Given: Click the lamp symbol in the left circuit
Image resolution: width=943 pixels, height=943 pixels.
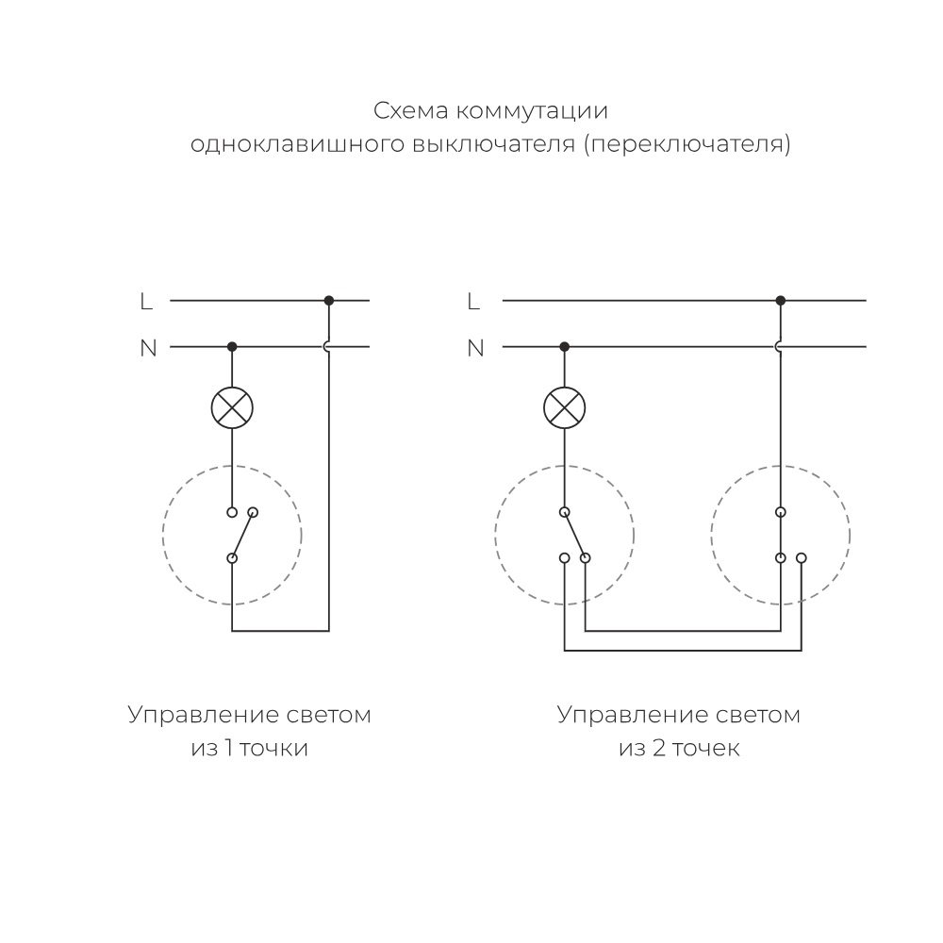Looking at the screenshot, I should (x=232, y=407).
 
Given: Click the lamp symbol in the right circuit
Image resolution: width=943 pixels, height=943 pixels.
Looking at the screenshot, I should (x=564, y=407).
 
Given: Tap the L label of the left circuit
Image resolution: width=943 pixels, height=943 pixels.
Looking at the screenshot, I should (x=146, y=302).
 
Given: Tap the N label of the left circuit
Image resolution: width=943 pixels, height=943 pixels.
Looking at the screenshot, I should (x=148, y=348).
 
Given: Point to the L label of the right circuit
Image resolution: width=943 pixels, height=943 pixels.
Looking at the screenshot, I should (x=474, y=302).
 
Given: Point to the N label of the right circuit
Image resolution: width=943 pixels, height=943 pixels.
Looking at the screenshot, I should (x=476, y=348).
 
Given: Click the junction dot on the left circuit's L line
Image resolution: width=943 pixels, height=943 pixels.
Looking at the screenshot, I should (x=328, y=301).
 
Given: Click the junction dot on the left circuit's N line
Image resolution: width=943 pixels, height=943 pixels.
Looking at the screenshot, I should (x=232, y=347).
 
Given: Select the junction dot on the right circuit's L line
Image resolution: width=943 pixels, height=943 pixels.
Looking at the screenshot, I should (x=780, y=301).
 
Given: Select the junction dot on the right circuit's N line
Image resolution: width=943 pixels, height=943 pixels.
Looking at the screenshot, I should (x=564, y=347).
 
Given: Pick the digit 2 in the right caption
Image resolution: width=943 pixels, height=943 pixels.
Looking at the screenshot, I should (x=659, y=749).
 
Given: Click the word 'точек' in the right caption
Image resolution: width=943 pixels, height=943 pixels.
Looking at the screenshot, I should (x=707, y=749).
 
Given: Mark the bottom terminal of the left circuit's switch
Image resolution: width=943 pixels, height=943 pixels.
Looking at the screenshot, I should (x=232, y=558).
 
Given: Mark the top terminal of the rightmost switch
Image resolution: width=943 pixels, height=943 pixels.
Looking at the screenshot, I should (x=780, y=512).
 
